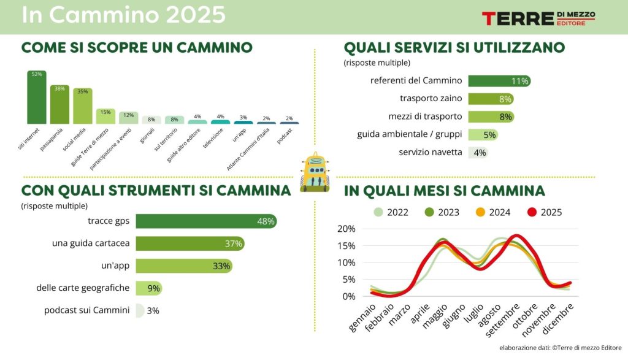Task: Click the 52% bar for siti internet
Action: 37,98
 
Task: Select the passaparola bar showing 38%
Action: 59,105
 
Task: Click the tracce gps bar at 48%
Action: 205,221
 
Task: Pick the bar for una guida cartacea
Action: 190,243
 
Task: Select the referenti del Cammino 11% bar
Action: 499,81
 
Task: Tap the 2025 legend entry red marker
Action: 533,212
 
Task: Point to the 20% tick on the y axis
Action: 347,229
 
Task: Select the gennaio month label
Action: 362,318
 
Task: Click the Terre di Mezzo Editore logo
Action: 538,18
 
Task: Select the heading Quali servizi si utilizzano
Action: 454,47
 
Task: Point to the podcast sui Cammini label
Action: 86,310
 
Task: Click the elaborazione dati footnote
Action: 560,348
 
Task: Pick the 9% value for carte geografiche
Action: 153,288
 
